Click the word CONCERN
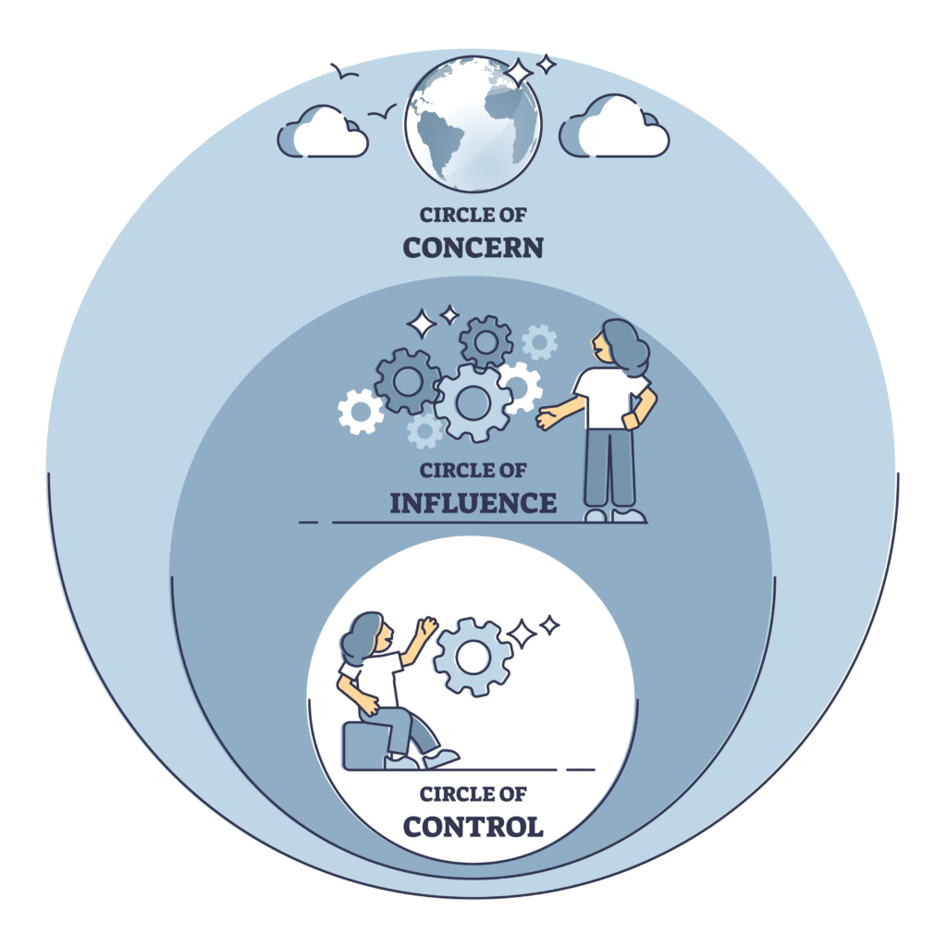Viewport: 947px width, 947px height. click(x=473, y=248)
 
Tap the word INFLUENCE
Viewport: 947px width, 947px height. click(x=473, y=503)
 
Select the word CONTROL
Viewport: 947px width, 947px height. click(x=473, y=825)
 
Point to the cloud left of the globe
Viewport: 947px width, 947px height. click(x=323, y=134)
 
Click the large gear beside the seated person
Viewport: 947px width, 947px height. click(x=473, y=656)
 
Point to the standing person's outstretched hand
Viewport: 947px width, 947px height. click(x=547, y=418)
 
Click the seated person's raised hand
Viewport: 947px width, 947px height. click(x=426, y=627)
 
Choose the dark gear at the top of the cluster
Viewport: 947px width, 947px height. click(x=486, y=342)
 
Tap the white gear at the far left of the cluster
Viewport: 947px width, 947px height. click(x=360, y=412)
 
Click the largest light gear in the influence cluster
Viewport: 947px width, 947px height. click(x=473, y=402)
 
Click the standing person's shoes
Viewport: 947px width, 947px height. click(x=614, y=515)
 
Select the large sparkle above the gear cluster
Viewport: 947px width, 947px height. click(x=423, y=323)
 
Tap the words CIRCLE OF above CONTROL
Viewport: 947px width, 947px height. click(x=473, y=793)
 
